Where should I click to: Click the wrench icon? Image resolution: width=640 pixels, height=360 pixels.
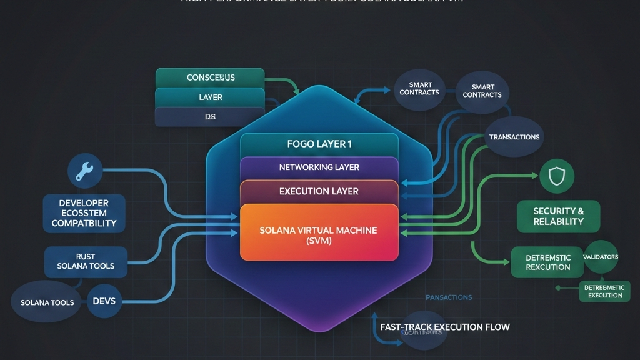[84, 171]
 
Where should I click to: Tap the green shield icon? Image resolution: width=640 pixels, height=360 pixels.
[556, 177]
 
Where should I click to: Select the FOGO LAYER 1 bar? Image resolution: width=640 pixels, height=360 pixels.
[319, 144]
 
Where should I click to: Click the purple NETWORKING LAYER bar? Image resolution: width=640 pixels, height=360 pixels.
[319, 167]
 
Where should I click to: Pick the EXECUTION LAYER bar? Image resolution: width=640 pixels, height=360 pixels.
[319, 191]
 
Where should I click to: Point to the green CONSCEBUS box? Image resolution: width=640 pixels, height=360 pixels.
[211, 78]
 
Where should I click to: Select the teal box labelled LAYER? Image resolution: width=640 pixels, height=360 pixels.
[211, 97]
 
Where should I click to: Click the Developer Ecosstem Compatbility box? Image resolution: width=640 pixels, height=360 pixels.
[84, 213]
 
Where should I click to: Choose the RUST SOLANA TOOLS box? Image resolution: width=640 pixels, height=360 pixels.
[86, 261]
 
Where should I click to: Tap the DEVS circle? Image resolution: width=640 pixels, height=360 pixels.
[104, 301]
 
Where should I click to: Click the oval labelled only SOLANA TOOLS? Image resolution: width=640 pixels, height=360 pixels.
[47, 302]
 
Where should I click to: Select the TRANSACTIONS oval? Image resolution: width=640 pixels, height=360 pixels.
[514, 137]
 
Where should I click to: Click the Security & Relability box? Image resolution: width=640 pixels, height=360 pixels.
[558, 216]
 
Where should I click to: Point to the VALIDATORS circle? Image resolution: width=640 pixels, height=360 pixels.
[601, 257]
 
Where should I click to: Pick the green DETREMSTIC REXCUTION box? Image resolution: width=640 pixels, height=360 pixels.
[548, 262]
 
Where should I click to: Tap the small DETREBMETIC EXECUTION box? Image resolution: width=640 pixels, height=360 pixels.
[605, 291]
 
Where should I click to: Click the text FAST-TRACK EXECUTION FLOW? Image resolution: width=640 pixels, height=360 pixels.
[445, 327]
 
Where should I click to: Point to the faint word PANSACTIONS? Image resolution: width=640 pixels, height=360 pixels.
[449, 297]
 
